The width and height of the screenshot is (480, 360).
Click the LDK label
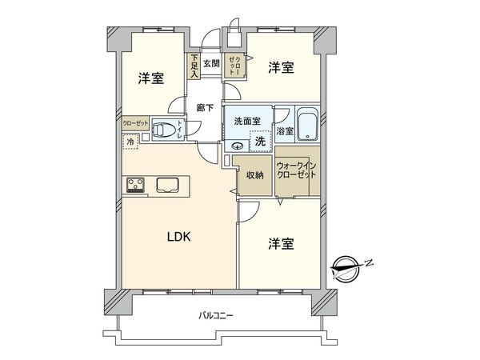pos(178,237)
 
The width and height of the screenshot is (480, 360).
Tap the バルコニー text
pos(216,316)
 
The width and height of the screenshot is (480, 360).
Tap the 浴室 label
pos(284,130)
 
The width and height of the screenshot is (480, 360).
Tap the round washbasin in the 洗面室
pos(237,146)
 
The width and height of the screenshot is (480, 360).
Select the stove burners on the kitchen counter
pos(134,186)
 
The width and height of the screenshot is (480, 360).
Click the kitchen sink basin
pos(169,186)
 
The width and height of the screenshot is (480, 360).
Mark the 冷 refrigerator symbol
pos(130,142)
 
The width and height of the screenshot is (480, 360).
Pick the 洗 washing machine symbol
pos(259,142)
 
